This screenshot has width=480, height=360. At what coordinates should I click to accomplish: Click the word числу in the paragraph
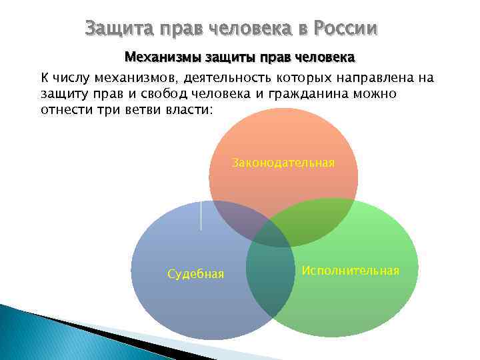pyautogui.click(x=70, y=78)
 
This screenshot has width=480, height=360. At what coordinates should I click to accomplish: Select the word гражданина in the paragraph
pyautogui.click(x=287, y=94)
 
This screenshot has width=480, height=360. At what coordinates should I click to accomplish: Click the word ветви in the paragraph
pyautogui.click(x=137, y=109)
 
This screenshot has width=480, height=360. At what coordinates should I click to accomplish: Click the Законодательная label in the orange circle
pyautogui.click(x=283, y=162)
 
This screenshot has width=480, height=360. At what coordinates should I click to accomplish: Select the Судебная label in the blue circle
pyautogui.click(x=195, y=274)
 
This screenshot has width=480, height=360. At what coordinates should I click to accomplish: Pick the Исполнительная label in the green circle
pyautogui.click(x=350, y=270)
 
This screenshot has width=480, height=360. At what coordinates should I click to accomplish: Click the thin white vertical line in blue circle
pyautogui.click(x=201, y=215)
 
